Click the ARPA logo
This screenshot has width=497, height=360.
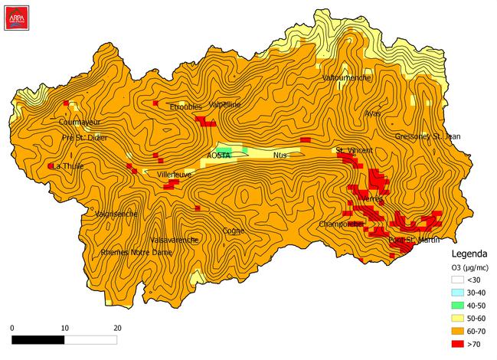point(14,15)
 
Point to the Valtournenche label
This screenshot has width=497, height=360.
point(347,78)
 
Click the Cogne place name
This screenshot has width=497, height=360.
point(234,230)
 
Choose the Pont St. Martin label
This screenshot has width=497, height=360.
point(414,241)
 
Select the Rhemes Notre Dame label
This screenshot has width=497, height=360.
point(136,252)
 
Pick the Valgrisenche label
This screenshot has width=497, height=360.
point(116,214)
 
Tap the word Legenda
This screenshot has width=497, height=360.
point(467,255)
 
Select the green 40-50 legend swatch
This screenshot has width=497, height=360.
point(458,305)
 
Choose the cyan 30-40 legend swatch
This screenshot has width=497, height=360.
point(458,293)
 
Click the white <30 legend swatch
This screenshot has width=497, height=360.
point(458,280)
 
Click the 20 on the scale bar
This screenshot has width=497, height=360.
point(117,327)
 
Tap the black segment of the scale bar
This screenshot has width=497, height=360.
point(38,339)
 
